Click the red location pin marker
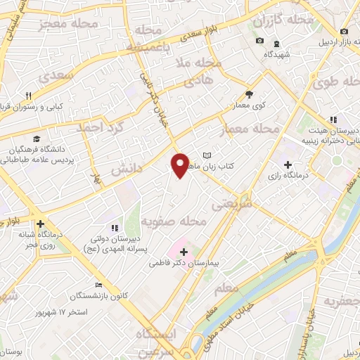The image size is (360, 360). click(x=180, y=165)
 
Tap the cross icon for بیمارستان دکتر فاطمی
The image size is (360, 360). click(x=184, y=251)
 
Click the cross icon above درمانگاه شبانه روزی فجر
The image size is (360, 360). click(x=40, y=224)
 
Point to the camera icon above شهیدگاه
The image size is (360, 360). click(x=259, y=41)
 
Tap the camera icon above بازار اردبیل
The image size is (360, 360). click(x=344, y=32)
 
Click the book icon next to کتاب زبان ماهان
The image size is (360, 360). click(x=207, y=155)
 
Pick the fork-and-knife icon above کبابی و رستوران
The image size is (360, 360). click(x=29, y=96)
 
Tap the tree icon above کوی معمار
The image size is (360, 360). click(x=249, y=95)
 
